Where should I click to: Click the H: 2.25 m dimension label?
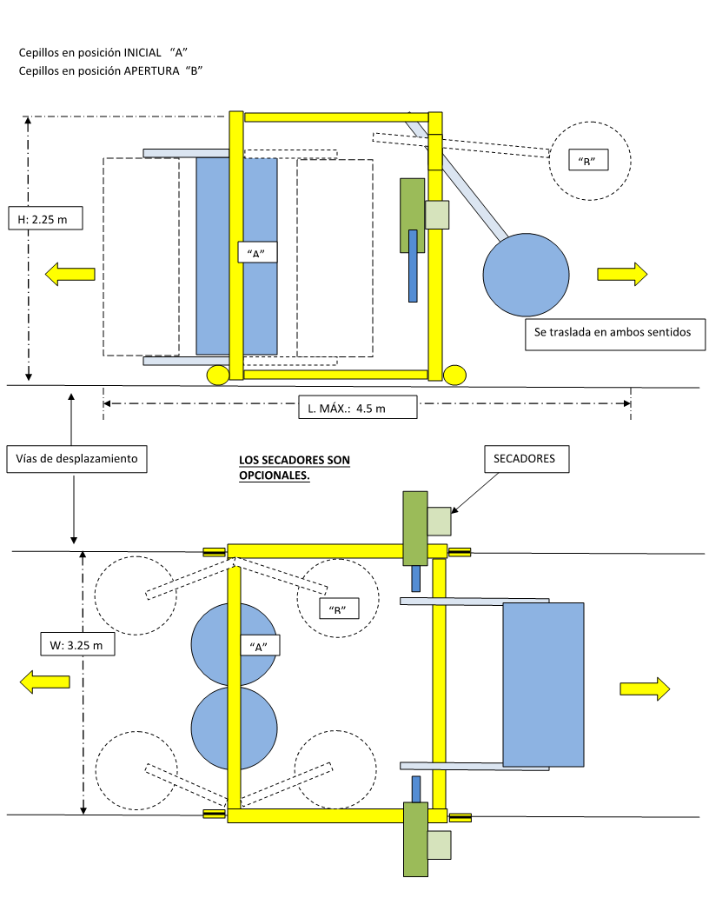click(x=44, y=220)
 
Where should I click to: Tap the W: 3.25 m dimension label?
click(x=76, y=645)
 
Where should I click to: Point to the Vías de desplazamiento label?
click(x=76, y=458)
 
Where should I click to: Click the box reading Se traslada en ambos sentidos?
click(x=614, y=335)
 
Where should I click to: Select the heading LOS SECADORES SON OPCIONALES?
click(x=295, y=467)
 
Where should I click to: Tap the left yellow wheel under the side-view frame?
click(x=217, y=375)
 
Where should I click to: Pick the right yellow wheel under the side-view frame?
click(x=454, y=375)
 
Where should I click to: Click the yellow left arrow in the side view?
click(x=70, y=275)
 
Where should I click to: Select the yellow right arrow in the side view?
click(x=622, y=274)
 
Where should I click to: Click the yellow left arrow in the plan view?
click(x=45, y=682)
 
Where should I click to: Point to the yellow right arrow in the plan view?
click(x=645, y=688)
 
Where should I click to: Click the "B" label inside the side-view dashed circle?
click(x=586, y=161)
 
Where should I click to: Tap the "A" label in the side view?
click(x=256, y=253)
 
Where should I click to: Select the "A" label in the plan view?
click(x=258, y=646)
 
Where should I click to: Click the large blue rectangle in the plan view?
click(x=542, y=684)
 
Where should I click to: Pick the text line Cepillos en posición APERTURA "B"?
click(x=110, y=71)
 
